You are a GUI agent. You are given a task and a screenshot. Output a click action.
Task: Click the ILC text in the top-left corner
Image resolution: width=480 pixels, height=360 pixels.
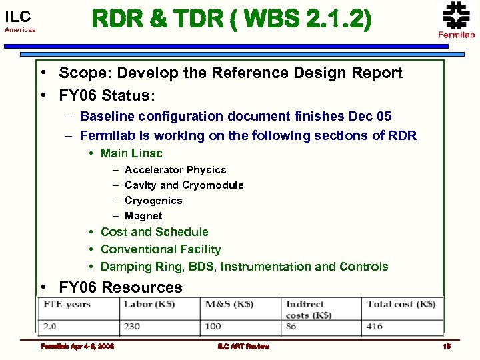pos(17,17)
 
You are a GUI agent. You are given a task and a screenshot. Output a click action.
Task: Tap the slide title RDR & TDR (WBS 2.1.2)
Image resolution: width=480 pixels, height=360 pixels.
pos(231,20)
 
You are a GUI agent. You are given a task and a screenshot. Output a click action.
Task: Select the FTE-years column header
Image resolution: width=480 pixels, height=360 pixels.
pos(68,304)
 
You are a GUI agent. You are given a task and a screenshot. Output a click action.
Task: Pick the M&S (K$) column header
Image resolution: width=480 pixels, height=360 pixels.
pos(230,304)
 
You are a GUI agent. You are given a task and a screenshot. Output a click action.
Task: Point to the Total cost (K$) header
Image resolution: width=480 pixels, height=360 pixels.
pos(401,304)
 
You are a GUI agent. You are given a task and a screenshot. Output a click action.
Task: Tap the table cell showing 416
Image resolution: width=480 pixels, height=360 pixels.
pos(375,327)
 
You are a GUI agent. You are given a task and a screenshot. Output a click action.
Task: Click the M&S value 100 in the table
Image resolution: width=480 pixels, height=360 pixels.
pos(214,327)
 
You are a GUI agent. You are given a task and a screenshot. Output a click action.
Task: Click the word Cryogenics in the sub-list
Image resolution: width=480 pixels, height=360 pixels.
pos(153,201)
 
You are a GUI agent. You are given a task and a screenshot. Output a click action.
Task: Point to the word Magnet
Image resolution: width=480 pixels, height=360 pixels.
pos(143,216)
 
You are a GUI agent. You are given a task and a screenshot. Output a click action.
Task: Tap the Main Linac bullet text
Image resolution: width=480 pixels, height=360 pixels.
pos(131,153)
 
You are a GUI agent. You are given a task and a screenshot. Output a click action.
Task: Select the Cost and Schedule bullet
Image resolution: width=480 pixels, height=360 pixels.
pos(154,232)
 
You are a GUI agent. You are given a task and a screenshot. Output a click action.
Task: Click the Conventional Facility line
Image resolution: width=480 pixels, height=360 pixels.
pos(161,249)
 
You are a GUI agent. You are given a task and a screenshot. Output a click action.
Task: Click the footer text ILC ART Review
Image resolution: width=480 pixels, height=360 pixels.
pos(243,346)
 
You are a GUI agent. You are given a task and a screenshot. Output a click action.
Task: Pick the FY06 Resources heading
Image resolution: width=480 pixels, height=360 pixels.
pos(120,287)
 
